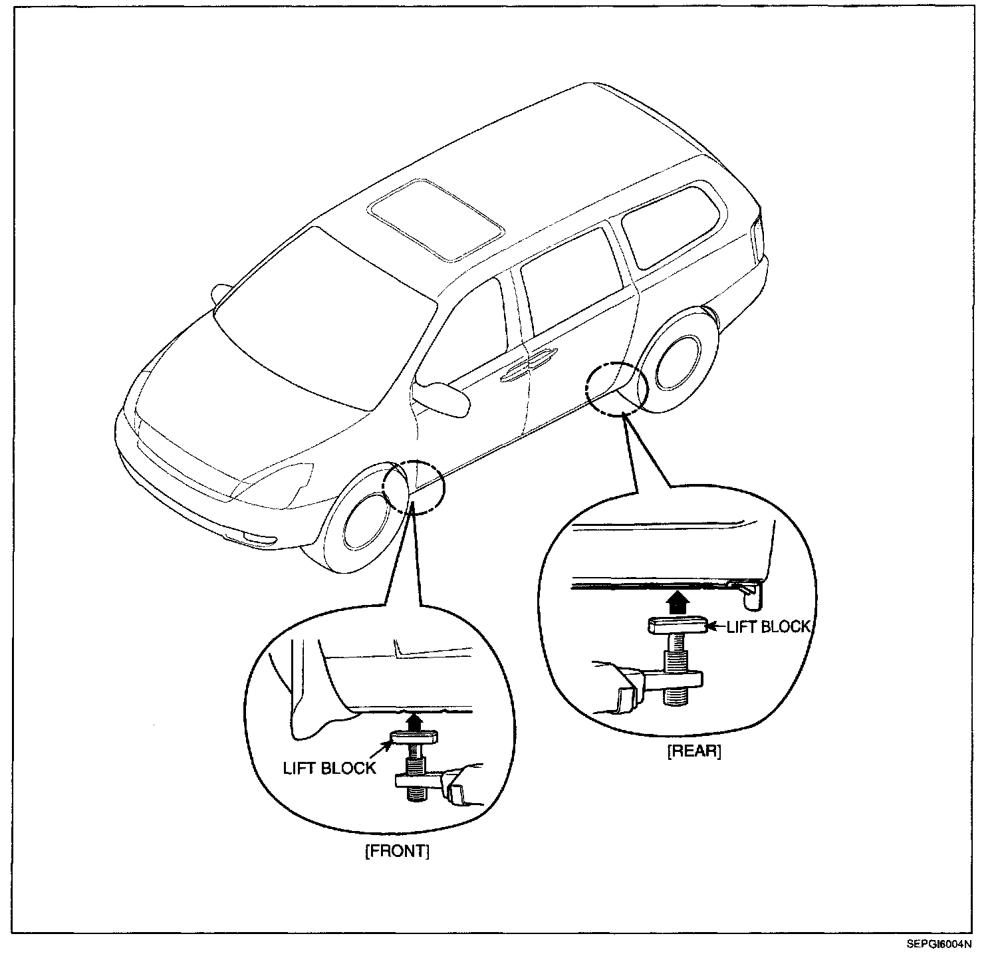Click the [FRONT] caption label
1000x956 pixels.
pyautogui.click(x=397, y=852)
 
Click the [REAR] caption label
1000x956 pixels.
pyautogui.click(x=694, y=752)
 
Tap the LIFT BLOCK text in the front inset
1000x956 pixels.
pyautogui.click(x=329, y=768)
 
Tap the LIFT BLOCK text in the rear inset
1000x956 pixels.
pyautogui.click(x=768, y=626)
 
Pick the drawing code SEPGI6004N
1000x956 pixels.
pyautogui.click(x=938, y=943)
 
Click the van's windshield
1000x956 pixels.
pyautogui.click(x=324, y=319)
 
